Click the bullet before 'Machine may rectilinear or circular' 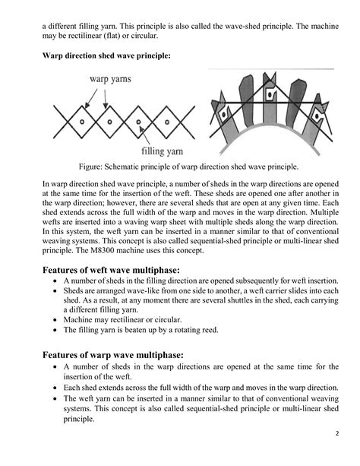55,320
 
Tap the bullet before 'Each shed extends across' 55,387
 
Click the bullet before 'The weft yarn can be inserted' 55,398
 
